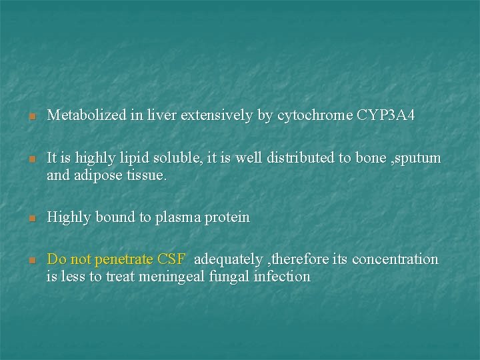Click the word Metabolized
click(86, 116)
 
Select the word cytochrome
click(315, 116)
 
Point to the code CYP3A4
click(386, 116)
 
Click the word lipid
click(127, 159)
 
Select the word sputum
click(416, 159)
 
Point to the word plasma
click(179, 218)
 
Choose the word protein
click(228, 218)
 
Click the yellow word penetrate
click(125, 259)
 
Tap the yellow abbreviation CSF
click(173, 259)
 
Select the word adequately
click(228, 259)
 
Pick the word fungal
click(229, 277)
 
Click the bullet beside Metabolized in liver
click(31, 117)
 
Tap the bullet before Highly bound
click(31, 219)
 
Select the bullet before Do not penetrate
click(31, 260)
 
